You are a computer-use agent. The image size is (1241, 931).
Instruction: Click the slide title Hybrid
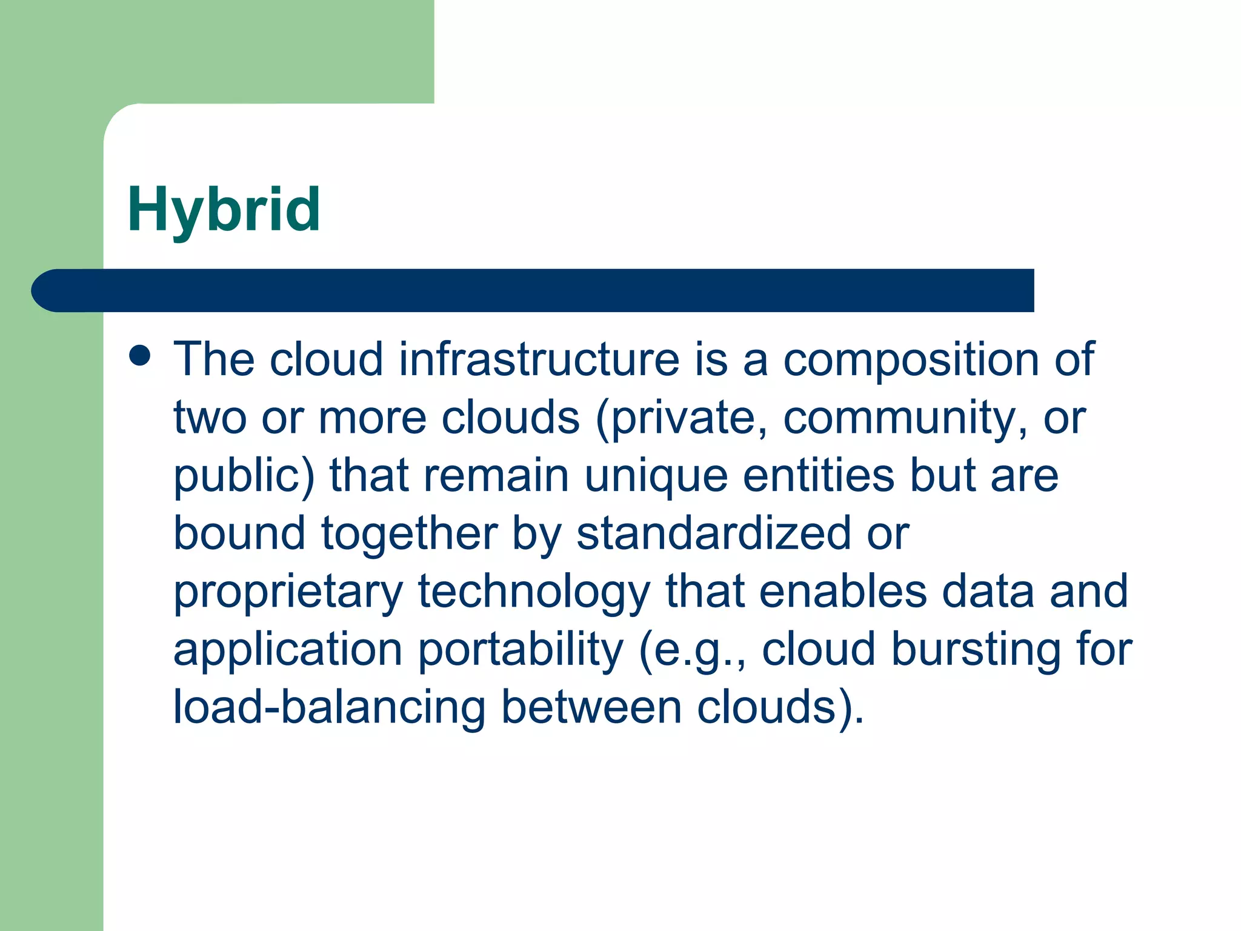pos(224,210)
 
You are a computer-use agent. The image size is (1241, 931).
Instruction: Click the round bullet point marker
pos(140,356)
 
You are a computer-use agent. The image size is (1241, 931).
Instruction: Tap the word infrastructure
pos(539,359)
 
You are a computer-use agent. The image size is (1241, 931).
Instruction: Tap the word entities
pos(818,475)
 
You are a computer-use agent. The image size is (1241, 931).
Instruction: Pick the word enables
pos(843,591)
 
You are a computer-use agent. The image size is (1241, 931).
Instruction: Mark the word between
pos(591,707)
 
